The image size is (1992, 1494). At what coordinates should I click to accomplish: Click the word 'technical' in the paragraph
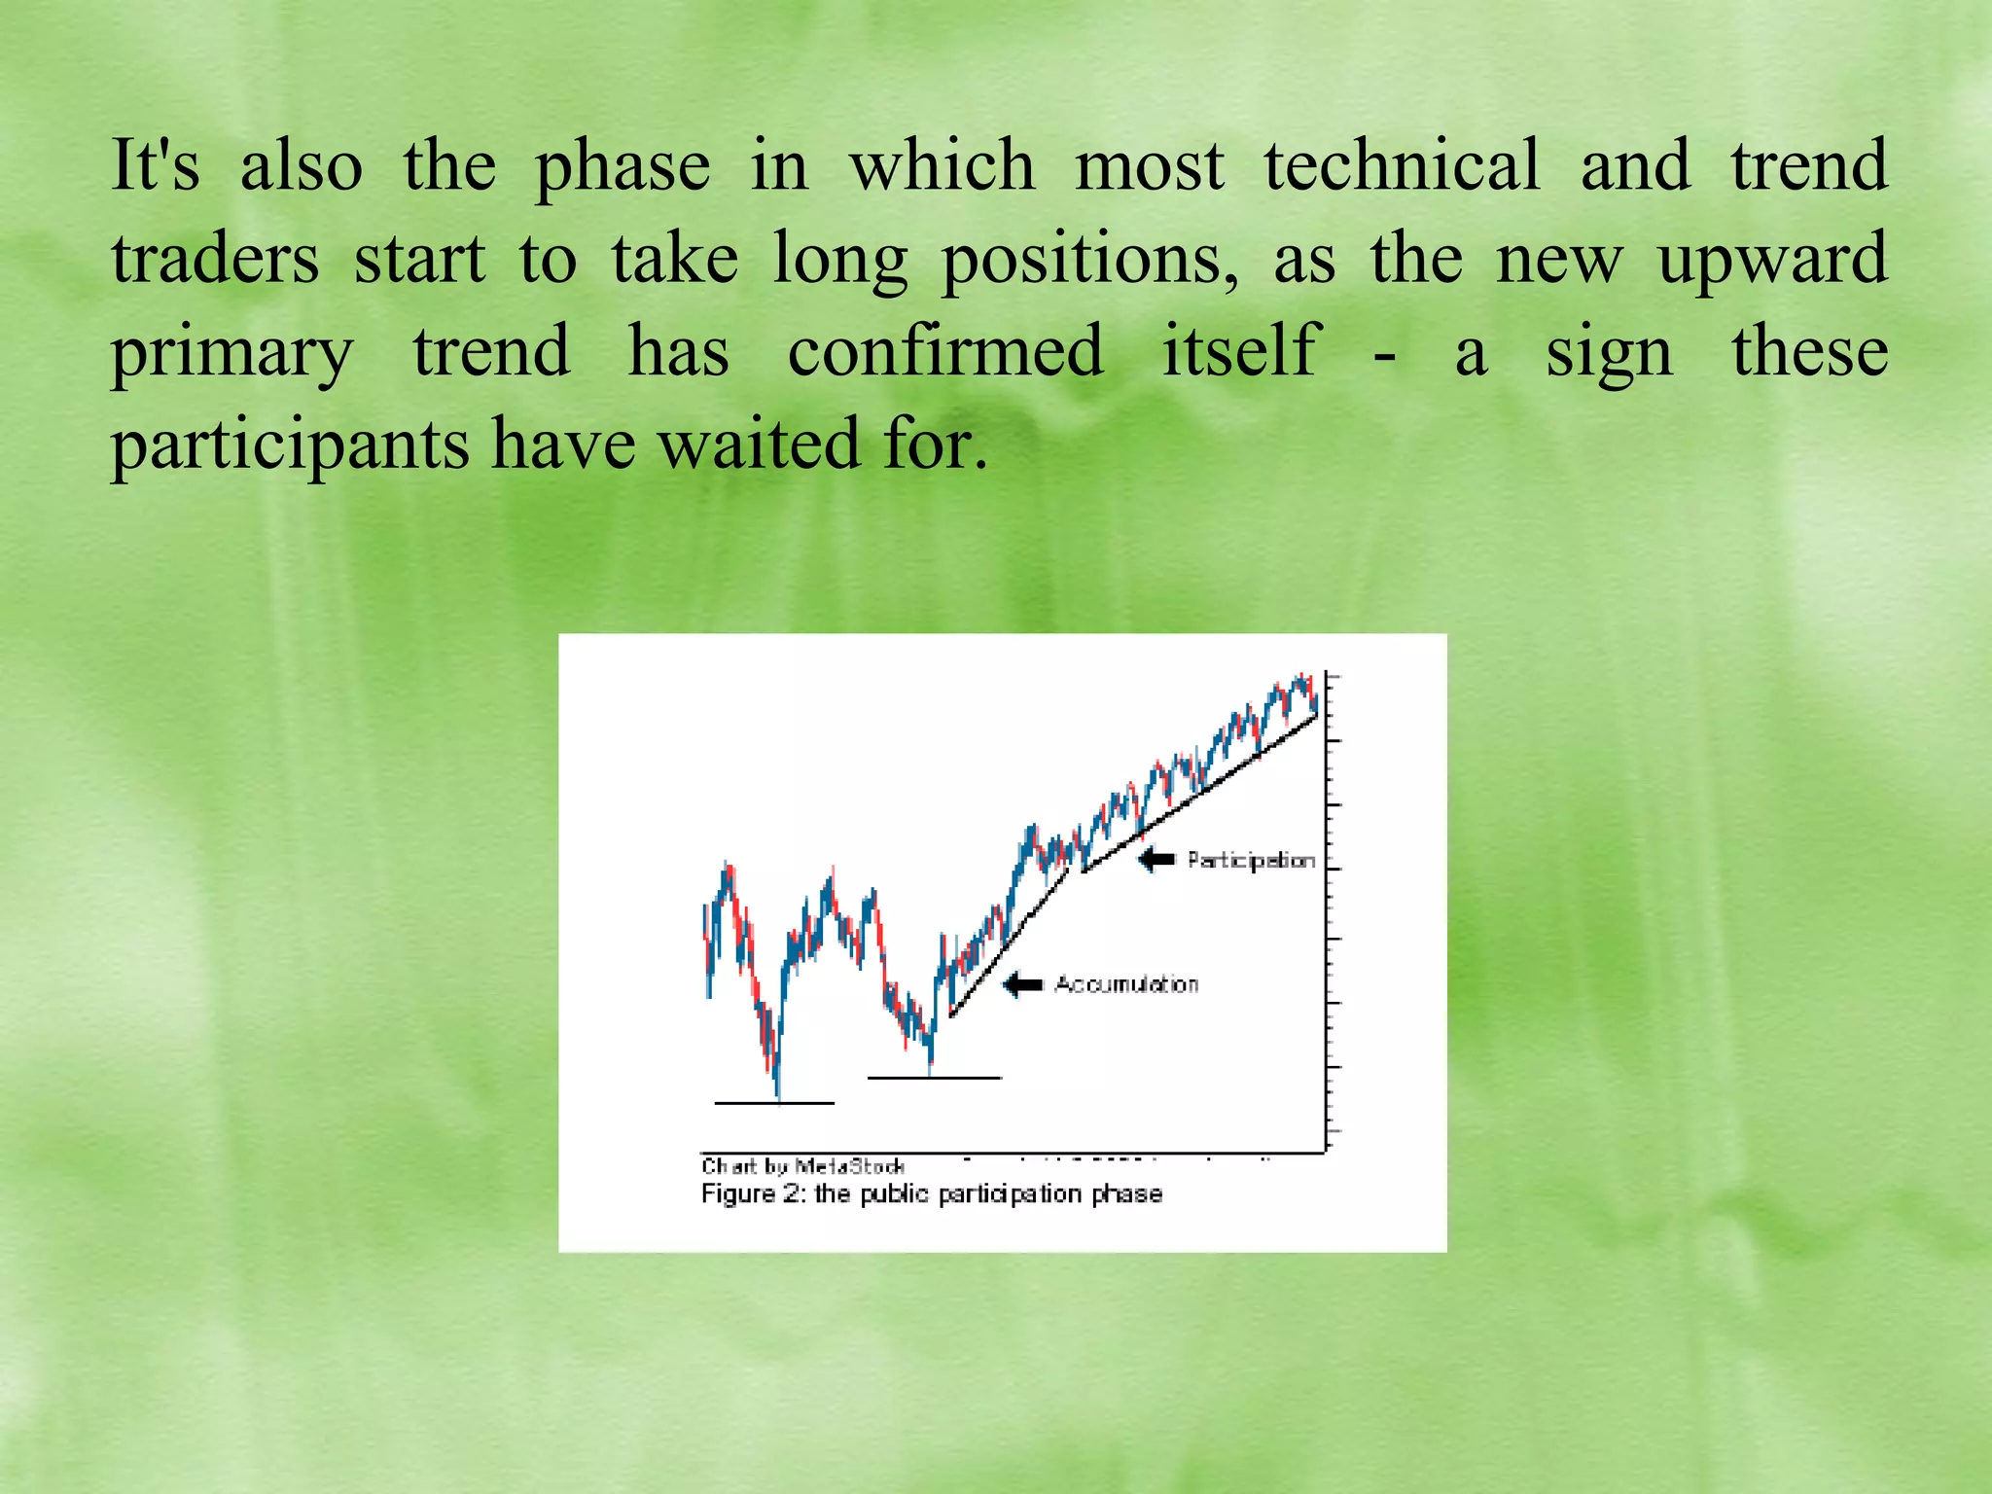(1402, 164)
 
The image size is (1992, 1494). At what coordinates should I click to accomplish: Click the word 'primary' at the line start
(231, 352)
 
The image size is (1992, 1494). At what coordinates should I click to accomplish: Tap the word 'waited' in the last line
(760, 444)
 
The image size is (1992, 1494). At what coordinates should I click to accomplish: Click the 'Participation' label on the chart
(1251, 860)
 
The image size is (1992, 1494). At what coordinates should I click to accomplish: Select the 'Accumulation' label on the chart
(1126, 984)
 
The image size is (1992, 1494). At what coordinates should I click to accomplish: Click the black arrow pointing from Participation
(1156, 859)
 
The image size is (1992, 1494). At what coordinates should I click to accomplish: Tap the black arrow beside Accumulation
(1022, 984)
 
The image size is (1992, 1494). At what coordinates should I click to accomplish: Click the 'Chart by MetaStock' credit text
(802, 1165)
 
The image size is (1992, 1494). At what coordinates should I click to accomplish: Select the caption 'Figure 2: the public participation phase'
(931, 1193)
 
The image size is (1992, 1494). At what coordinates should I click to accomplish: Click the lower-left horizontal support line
(774, 1103)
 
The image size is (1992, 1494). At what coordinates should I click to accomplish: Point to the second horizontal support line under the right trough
(934, 1078)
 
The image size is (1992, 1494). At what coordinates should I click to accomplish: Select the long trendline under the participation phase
(1201, 793)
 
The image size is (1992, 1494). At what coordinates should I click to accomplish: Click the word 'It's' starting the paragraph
(155, 164)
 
